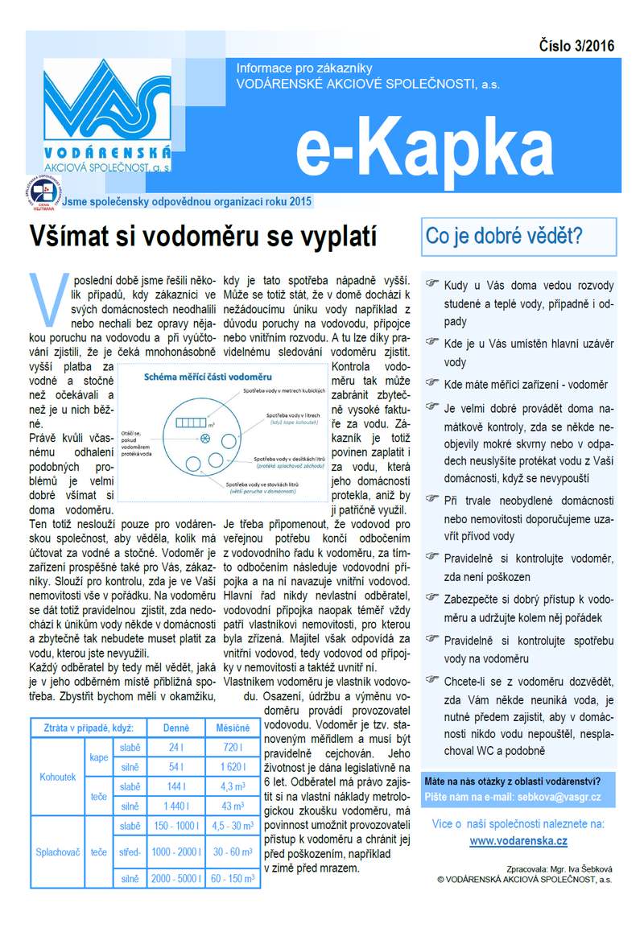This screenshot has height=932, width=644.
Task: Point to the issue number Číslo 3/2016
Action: point(576,46)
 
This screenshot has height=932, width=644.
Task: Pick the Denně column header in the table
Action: point(176,728)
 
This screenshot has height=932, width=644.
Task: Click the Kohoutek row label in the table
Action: point(58,777)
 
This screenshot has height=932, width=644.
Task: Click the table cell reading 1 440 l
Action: point(176,806)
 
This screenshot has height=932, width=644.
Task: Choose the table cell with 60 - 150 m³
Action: point(233,878)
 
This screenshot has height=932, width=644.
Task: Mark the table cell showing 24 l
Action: point(176,748)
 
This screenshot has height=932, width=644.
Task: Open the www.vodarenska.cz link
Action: point(518,840)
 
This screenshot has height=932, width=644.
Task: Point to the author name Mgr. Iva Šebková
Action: point(579,870)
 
